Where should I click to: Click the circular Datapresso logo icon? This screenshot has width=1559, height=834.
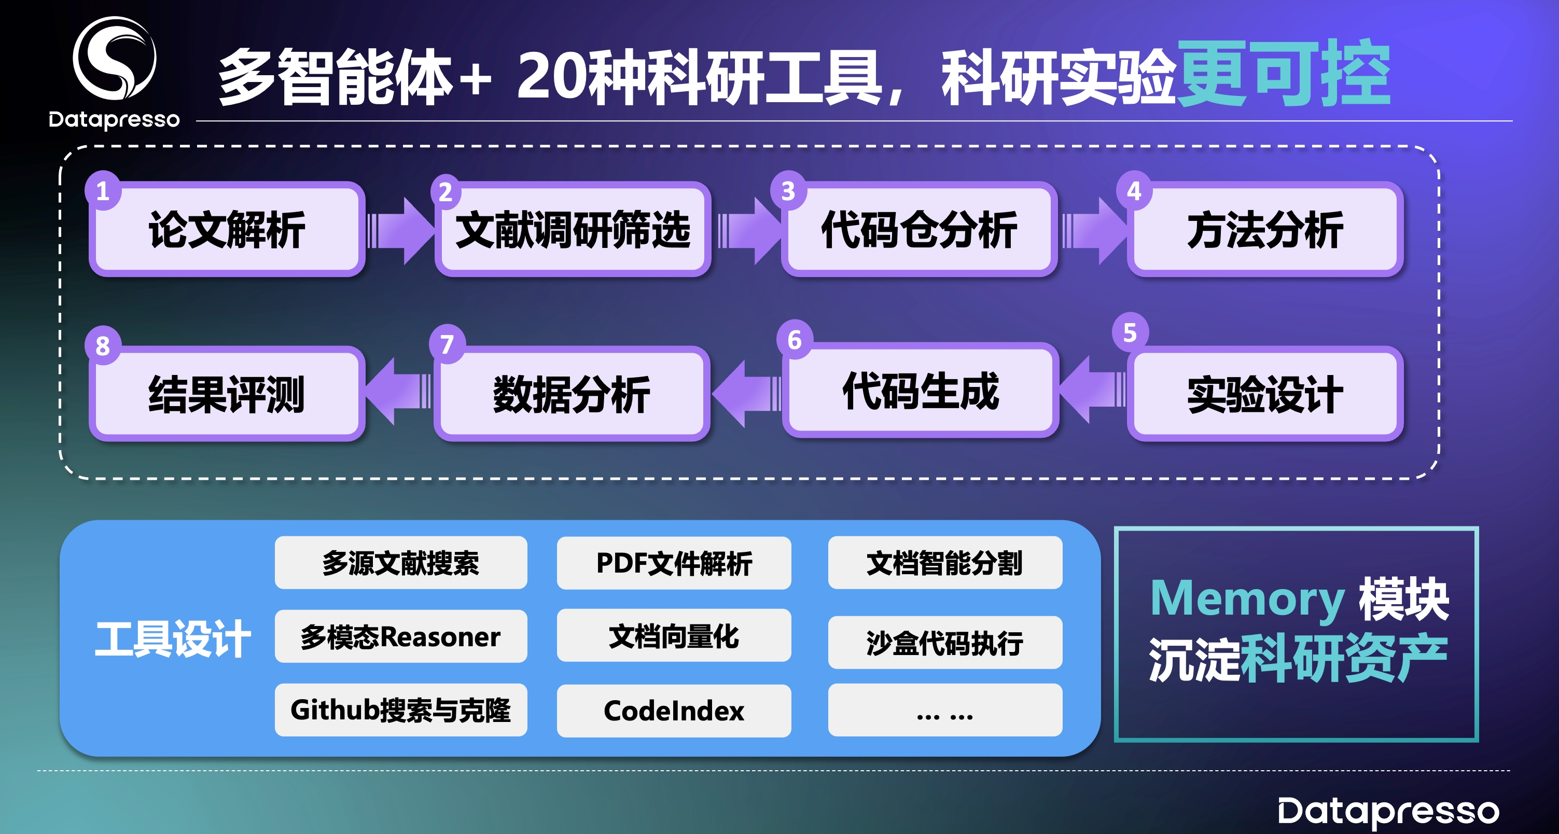click(115, 58)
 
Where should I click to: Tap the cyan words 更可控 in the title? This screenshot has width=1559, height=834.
click(1284, 73)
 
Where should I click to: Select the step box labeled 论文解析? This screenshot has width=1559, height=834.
click(227, 229)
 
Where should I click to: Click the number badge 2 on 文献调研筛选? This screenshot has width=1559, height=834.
click(446, 192)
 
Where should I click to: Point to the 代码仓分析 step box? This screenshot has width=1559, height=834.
click(918, 229)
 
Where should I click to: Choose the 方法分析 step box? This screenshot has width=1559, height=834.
click(1265, 229)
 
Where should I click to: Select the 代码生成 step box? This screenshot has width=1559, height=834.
click(920, 391)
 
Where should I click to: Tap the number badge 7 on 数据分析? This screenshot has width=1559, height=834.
click(447, 344)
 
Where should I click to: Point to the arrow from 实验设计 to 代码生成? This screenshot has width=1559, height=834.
click(1092, 389)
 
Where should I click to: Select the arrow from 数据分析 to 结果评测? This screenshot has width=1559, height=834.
click(398, 391)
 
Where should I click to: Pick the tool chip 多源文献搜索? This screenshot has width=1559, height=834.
click(401, 563)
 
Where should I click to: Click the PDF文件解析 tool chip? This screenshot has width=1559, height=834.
click(674, 563)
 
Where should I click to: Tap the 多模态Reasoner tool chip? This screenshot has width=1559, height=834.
click(401, 636)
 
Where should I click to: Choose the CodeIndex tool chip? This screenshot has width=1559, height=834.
click(674, 711)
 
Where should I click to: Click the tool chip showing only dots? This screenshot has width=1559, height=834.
click(945, 710)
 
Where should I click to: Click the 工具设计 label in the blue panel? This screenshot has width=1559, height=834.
click(173, 638)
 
